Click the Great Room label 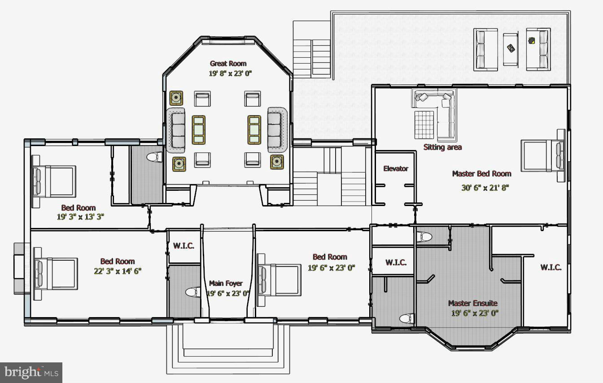click(x=228, y=64)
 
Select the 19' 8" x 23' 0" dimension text click(x=230, y=73)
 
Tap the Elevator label click(x=396, y=168)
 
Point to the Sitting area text click(x=442, y=147)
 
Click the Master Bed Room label click(x=481, y=173)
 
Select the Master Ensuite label click(x=473, y=303)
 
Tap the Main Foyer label click(x=226, y=283)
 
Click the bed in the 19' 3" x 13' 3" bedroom click(x=53, y=181)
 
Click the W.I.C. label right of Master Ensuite click(x=551, y=267)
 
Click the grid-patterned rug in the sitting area click(x=424, y=125)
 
